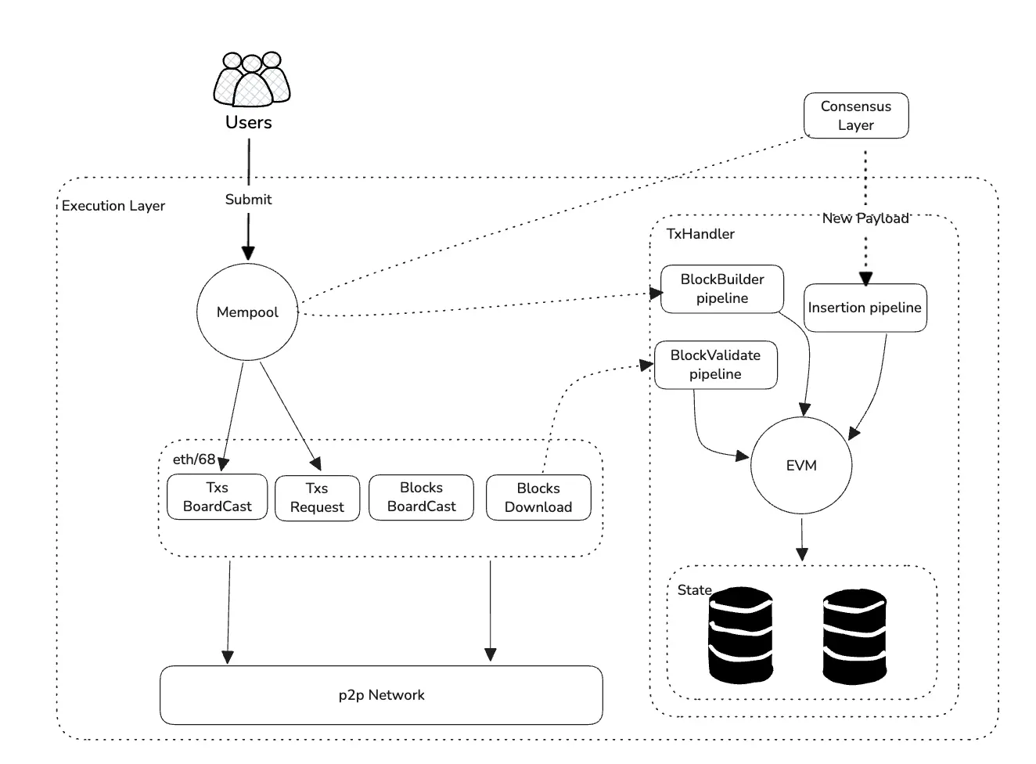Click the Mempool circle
[247, 312]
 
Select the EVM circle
[801, 466]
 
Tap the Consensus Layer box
[856, 116]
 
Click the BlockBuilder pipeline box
[722, 289]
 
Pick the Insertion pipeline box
[865, 308]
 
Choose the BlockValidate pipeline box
[715, 365]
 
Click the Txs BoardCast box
[217, 497]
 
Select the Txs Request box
[317, 498]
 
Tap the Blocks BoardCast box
[421, 497]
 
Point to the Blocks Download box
[538, 498]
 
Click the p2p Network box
[381, 695]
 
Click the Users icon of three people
[251, 79]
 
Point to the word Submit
[248, 200]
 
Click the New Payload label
[865, 218]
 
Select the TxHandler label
[700, 234]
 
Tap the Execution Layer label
[113, 206]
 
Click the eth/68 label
[193, 459]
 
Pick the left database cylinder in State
[740, 636]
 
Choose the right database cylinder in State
[854, 636]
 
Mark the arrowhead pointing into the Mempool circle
[248, 252]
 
